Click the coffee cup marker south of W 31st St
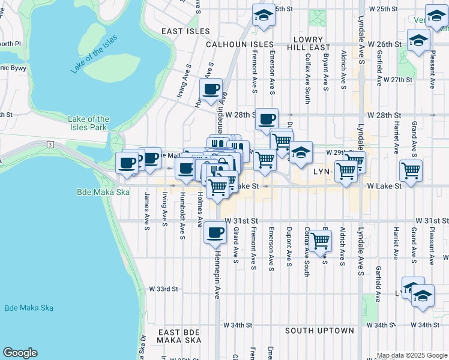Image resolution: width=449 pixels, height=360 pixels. [215, 233]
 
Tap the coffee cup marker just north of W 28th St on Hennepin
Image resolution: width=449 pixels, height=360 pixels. [211, 90]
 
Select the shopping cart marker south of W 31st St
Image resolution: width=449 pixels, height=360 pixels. [321, 241]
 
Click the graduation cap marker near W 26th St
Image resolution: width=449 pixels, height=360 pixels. [418, 41]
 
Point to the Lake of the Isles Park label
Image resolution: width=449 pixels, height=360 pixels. [89, 123]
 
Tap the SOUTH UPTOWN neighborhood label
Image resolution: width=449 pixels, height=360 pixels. [319, 331]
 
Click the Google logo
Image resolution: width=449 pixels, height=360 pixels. [20, 353]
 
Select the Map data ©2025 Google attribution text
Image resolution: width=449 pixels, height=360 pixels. [411, 355]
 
